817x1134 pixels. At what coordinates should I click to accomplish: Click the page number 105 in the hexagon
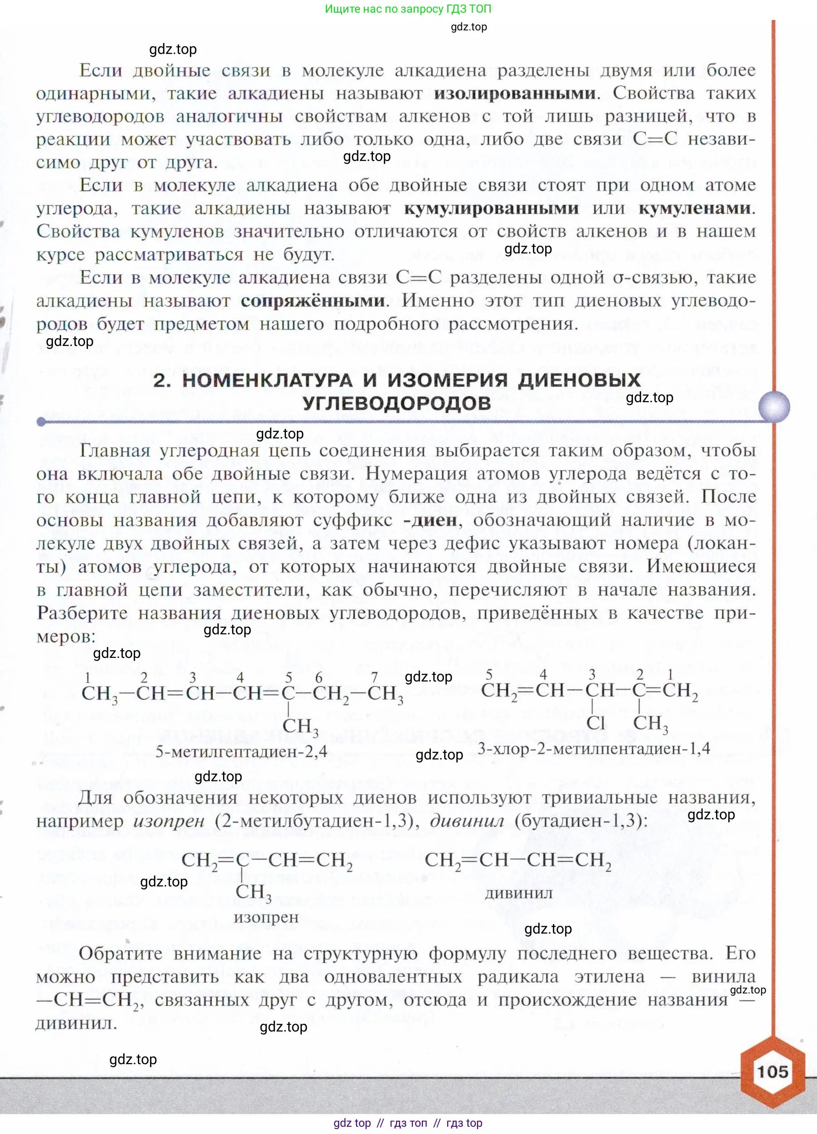pyautogui.click(x=772, y=1071)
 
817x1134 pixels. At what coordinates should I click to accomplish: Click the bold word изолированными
pyautogui.click(x=515, y=93)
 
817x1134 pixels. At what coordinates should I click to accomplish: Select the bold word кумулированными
pyautogui.click(x=491, y=209)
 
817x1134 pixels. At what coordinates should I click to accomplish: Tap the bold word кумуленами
pyautogui.click(x=695, y=209)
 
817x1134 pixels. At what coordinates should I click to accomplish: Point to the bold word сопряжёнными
pyautogui.click(x=313, y=301)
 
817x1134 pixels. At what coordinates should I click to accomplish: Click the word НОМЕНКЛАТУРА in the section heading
pyautogui.click(x=267, y=380)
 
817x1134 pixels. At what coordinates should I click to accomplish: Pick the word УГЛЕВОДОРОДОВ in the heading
pyautogui.click(x=397, y=404)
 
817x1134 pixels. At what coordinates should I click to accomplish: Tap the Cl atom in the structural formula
pyautogui.click(x=595, y=722)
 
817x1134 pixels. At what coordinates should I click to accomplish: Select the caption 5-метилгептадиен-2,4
pyautogui.click(x=242, y=751)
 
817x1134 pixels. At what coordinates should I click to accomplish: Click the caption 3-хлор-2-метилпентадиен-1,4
pyautogui.click(x=594, y=749)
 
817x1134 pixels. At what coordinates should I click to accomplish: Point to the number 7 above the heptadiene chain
pyautogui.click(x=374, y=677)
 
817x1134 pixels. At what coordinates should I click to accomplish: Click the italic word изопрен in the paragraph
pyautogui.click(x=169, y=821)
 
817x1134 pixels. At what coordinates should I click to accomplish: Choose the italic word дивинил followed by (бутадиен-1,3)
pyautogui.click(x=467, y=821)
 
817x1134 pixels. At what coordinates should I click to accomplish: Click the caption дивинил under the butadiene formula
pyautogui.click(x=519, y=893)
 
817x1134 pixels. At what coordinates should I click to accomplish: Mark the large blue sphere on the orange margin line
pyautogui.click(x=774, y=406)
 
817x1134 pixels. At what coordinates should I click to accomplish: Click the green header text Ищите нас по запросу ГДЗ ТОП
pyautogui.click(x=408, y=9)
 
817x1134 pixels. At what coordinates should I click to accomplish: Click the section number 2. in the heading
pyautogui.click(x=162, y=380)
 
